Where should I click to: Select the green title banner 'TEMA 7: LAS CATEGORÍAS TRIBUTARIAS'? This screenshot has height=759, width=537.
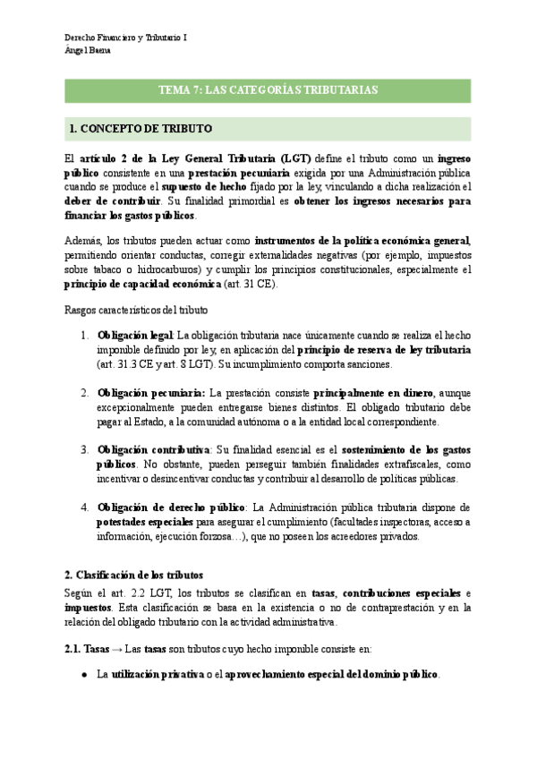click(x=268, y=90)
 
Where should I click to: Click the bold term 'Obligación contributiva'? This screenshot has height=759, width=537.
click(x=154, y=449)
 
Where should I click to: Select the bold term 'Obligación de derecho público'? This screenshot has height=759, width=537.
click(x=171, y=507)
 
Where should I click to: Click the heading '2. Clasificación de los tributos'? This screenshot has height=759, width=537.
click(x=134, y=574)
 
